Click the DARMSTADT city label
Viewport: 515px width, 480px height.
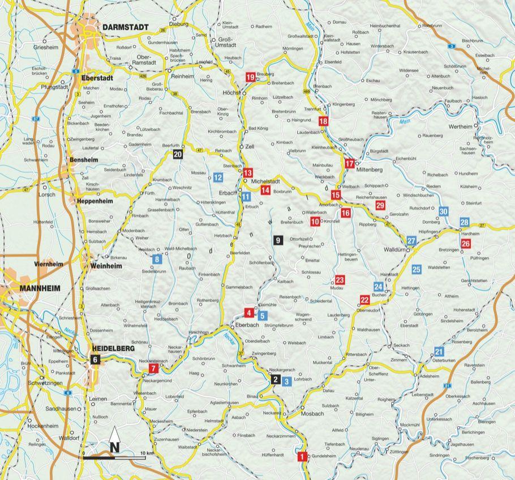[126, 27]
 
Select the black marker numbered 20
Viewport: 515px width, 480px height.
[178, 154]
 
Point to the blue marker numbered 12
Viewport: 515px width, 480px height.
[218, 177]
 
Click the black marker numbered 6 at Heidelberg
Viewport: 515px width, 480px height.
[95, 359]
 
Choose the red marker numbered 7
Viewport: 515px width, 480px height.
[152, 369]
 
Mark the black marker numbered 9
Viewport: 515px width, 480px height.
[277, 240]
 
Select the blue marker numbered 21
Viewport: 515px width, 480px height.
[438, 351]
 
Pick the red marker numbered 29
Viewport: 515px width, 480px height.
[380, 205]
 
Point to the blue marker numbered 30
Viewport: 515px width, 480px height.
[444, 211]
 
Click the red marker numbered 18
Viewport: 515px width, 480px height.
[323, 121]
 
